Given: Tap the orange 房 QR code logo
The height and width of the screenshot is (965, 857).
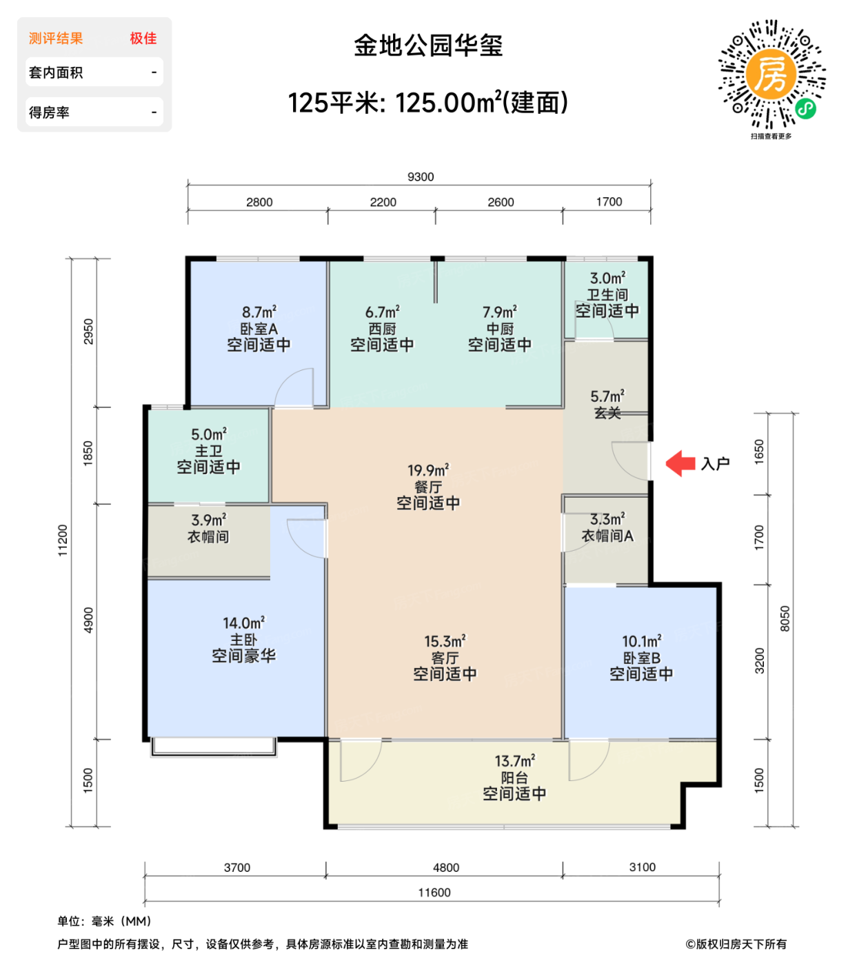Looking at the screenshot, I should (771, 74).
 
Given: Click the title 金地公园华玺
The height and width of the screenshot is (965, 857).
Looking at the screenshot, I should (428, 45).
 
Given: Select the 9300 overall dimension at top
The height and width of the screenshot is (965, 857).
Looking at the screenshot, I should (421, 177).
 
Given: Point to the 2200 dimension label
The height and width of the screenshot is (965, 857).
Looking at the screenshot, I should (383, 202).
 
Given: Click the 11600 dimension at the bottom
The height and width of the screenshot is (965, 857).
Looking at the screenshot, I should (434, 893).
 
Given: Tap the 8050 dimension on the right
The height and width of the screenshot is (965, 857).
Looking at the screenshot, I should (785, 618).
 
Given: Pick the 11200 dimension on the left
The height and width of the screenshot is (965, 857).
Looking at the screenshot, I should (63, 540).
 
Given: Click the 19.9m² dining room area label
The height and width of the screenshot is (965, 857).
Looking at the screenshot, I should (428, 470).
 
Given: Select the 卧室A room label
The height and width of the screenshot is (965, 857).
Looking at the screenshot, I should (259, 329).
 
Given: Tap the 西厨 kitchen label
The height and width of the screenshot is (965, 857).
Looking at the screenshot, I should (382, 329).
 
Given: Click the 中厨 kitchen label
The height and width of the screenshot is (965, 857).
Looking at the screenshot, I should (500, 329).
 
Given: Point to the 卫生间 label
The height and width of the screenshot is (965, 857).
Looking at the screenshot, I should (607, 295).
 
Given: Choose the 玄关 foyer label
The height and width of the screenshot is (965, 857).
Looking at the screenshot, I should (607, 413).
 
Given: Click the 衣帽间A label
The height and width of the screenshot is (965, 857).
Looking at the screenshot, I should (607, 536).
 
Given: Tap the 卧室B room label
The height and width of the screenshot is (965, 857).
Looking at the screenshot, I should (641, 658).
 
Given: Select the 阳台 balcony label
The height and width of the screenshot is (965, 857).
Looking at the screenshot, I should (514, 778).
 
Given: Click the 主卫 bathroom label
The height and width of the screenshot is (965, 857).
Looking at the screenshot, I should (208, 451).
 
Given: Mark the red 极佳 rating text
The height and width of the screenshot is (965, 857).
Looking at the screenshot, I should (143, 39).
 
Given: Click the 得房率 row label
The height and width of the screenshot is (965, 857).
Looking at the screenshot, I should (49, 112).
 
